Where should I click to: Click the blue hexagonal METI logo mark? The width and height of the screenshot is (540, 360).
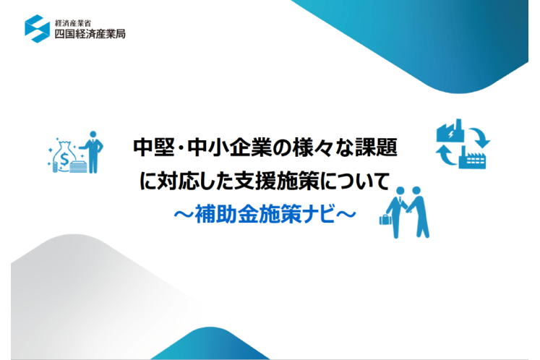[37, 29]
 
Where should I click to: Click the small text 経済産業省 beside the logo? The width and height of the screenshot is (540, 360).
[73, 23]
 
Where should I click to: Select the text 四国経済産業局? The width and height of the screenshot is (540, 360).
[90, 34]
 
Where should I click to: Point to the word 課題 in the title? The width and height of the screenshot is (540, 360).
[377, 147]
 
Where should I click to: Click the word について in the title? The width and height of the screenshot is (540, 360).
[356, 181]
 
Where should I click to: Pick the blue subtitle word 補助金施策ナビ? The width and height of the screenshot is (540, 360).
[265, 214]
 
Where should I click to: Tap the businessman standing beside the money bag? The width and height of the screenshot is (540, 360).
[92, 152]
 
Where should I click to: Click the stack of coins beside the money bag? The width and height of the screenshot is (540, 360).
[55, 167]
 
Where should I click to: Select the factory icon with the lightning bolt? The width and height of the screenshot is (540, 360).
[450, 131]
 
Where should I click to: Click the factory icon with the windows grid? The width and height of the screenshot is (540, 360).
[472, 158]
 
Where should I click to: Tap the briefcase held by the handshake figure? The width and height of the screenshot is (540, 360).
[385, 220]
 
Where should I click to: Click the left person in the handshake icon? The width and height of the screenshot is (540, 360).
[398, 213]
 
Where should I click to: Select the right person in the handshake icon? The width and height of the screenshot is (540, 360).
[419, 213]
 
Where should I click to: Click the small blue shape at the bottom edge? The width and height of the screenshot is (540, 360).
[210, 345]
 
